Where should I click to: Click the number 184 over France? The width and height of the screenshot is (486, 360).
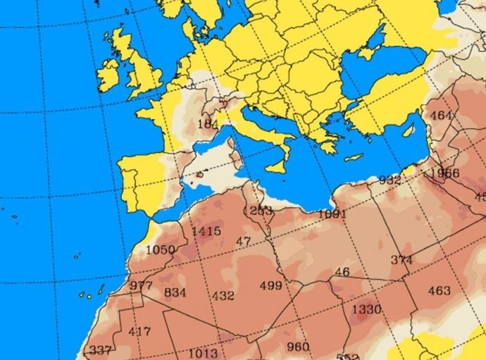click(208, 124)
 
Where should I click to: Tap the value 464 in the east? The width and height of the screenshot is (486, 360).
click(441, 116)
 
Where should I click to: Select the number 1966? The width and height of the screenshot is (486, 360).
click(444, 173)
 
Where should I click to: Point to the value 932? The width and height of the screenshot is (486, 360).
click(390, 180)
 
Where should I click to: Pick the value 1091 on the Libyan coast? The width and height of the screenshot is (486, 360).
click(332, 213)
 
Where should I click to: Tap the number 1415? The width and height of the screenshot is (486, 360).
click(206, 231)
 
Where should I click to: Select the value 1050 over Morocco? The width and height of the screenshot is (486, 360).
click(160, 250)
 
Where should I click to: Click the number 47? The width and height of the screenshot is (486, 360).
click(244, 242)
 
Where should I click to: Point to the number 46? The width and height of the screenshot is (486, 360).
click(342, 272)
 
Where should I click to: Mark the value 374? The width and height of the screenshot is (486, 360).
click(401, 260)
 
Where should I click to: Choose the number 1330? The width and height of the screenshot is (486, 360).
click(366, 309)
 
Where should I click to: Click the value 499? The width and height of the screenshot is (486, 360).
click(270, 285)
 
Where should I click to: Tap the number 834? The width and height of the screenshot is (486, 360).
click(175, 292)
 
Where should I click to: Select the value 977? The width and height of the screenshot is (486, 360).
click(141, 285)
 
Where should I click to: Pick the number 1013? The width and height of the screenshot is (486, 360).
click(203, 353)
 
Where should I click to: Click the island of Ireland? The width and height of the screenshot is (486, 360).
click(109, 72)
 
